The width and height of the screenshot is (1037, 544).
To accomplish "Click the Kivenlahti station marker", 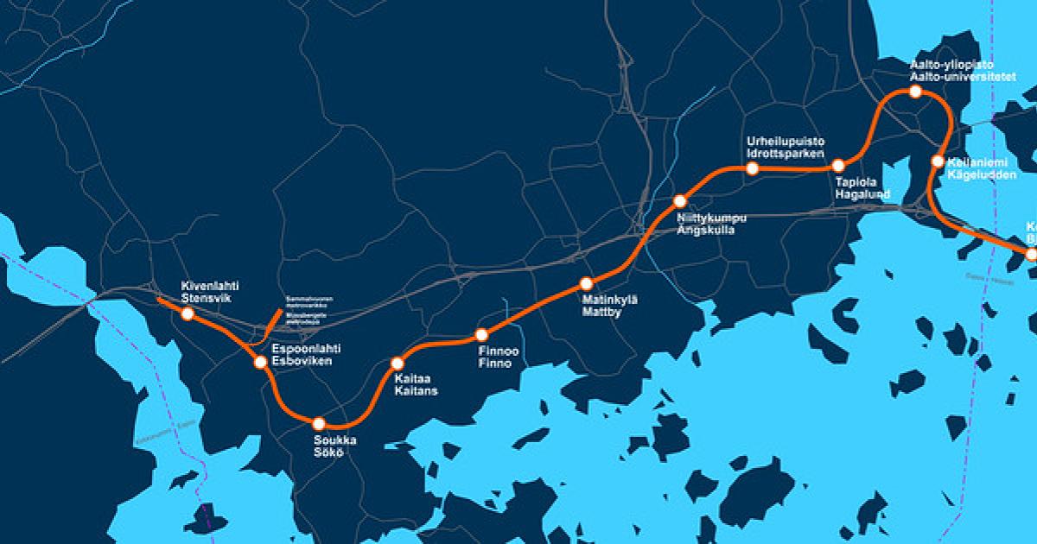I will (x=188, y=314).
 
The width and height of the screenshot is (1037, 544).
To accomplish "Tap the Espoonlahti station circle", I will (x=260, y=363).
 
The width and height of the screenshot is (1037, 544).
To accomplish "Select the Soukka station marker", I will (x=319, y=423).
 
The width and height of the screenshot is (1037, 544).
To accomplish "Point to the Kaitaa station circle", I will (x=398, y=364).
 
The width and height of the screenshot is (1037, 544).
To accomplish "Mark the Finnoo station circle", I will (x=482, y=335).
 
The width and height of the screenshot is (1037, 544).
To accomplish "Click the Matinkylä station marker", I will (x=587, y=283).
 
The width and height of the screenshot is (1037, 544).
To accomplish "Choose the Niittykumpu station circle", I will (x=680, y=202).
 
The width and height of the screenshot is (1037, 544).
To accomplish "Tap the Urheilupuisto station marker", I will (x=753, y=168).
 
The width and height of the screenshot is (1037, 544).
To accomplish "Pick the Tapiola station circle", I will (x=837, y=166).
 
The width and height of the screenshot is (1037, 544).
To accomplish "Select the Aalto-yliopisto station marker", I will (x=916, y=92).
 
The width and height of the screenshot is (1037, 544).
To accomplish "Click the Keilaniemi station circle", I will (x=938, y=161).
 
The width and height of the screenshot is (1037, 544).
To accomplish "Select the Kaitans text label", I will (x=416, y=391).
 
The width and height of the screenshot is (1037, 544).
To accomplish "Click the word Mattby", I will (x=603, y=313).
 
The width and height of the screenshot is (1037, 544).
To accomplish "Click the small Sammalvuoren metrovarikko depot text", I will (x=309, y=300).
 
